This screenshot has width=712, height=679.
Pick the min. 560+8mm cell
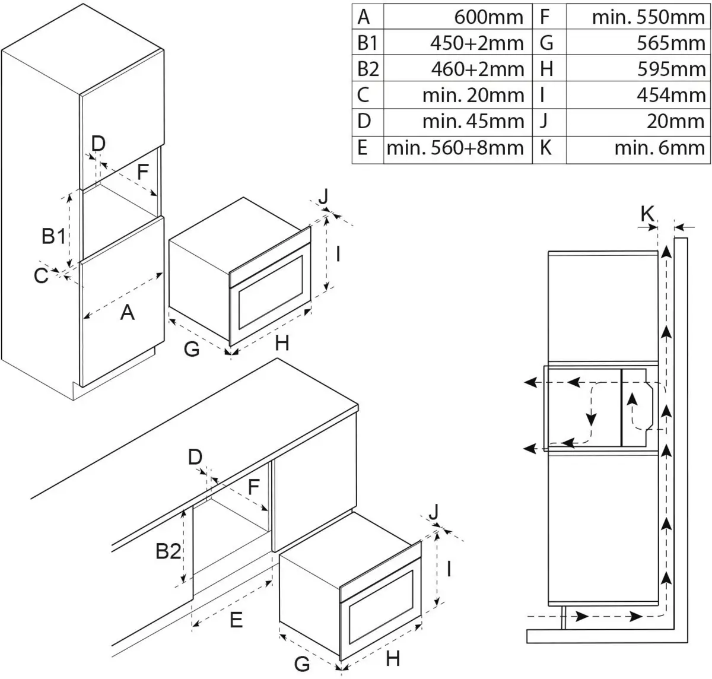455,148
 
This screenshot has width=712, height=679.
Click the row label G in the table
546,43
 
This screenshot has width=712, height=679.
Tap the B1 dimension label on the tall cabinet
53,237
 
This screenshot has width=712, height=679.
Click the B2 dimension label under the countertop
168,552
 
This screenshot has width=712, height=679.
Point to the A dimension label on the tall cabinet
127,312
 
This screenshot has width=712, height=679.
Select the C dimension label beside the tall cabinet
40,276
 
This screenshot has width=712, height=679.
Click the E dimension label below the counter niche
236,620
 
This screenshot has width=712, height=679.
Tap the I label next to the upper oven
337,254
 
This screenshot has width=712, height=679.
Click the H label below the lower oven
393,658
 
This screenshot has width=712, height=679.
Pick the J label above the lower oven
435,510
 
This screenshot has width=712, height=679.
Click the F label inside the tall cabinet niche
142,173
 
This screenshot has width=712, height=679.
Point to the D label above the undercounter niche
195,457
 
